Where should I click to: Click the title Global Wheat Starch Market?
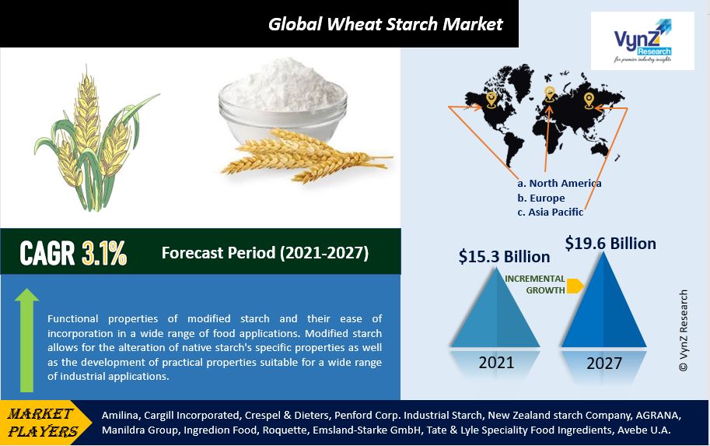[386, 24]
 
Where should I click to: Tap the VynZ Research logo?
[642, 41]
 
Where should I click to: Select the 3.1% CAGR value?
[104, 253]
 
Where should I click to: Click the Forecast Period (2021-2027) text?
[265, 252]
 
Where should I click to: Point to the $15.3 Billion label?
[505, 257]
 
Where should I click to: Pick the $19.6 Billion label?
[610, 244]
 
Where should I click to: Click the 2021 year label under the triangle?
[496, 363]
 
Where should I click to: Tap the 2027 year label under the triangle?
[604, 363]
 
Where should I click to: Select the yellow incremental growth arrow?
[575, 286]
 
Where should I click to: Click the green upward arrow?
[26, 340]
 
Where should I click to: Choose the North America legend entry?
[559, 183]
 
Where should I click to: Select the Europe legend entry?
[541, 198]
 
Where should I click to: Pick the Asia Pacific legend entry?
[550, 212]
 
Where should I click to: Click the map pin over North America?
[491, 100]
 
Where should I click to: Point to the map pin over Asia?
[589, 100]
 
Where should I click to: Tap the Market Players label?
[42, 422]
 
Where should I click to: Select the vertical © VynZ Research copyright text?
[684, 331]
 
